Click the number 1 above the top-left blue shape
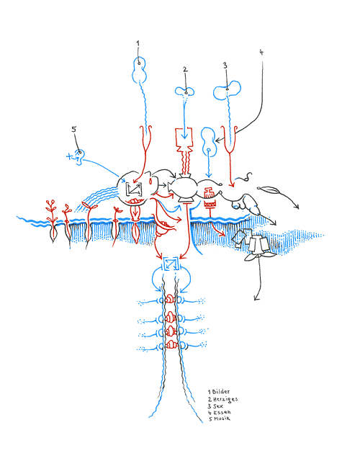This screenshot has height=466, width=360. coord(138,43)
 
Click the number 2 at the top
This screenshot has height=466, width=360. coord(185,70)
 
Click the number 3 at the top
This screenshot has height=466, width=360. coord(225,65)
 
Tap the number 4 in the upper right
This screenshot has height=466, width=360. coord(261,52)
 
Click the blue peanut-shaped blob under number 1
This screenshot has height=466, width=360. coord(138,70)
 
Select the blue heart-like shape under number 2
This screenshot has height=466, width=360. coord(186,91)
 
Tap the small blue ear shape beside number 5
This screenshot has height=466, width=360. coord(81,154)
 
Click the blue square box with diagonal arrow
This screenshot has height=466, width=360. coord(171,265)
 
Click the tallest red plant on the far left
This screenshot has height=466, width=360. coord(51,209)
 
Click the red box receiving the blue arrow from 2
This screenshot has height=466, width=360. coord(186,137)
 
